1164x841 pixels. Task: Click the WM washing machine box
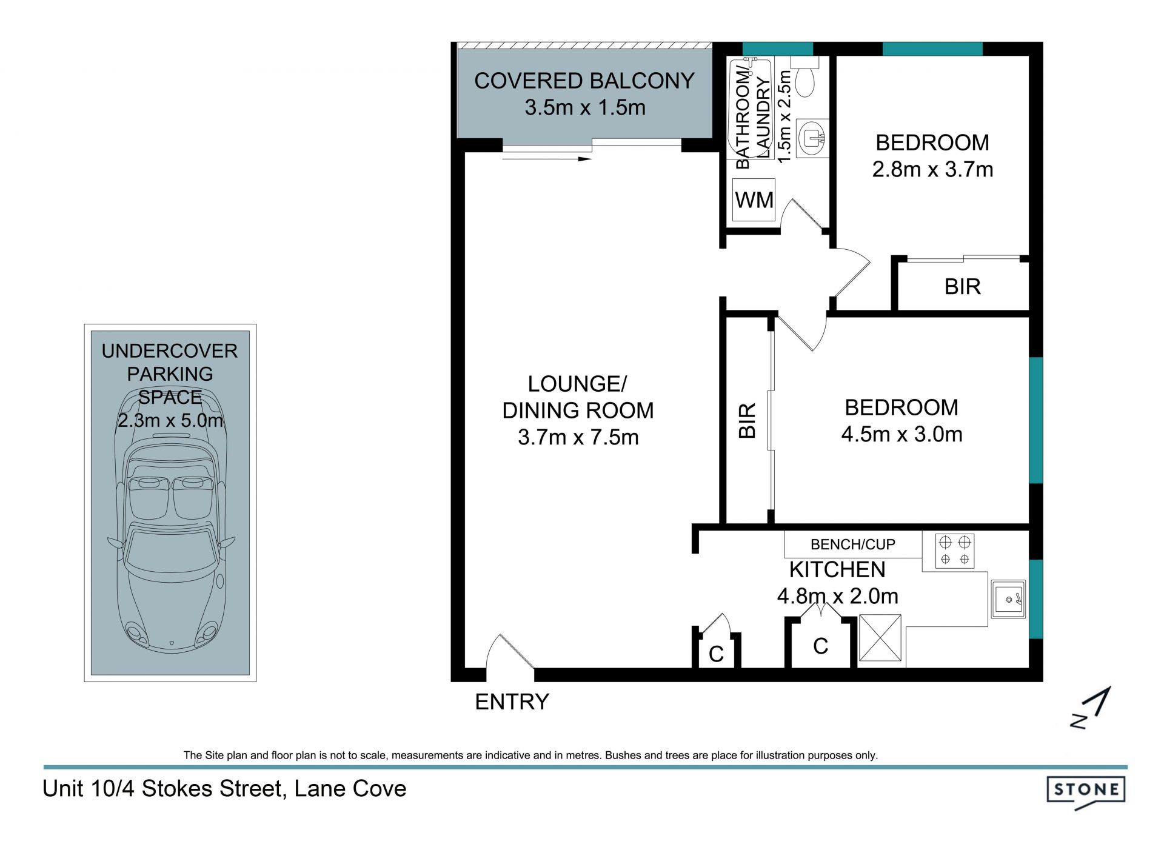pyautogui.click(x=754, y=199)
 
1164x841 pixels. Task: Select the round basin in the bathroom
pyautogui.click(x=811, y=138)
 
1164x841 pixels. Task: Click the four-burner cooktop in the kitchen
pyautogui.click(x=955, y=551)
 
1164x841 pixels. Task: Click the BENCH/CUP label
pyautogui.click(x=852, y=544)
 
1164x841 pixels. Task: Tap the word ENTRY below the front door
pyautogui.click(x=512, y=702)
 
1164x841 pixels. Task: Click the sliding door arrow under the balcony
pyautogui.click(x=547, y=159)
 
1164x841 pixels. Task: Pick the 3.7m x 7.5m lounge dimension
pyautogui.click(x=578, y=437)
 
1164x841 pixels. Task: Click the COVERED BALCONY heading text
pyautogui.click(x=584, y=81)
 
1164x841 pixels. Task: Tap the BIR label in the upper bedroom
pyautogui.click(x=962, y=286)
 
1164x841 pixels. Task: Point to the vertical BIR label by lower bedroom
pyautogui.click(x=748, y=420)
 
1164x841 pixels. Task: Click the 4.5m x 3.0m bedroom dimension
pyautogui.click(x=901, y=434)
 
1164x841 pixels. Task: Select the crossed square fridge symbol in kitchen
pyautogui.click(x=880, y=638)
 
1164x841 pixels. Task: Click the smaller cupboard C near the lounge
pyautogui.click(x=716, y=654)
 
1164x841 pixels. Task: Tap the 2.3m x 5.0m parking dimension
pyautogui.click(x=170, y=420)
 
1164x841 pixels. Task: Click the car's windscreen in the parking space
pyautogui.click(x=170, y=549)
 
